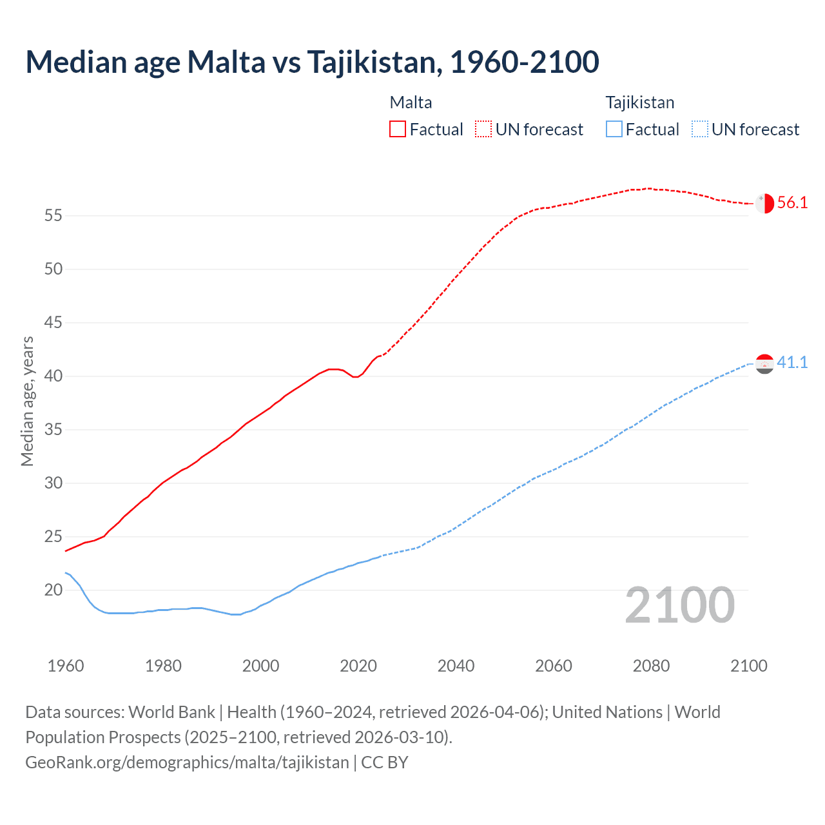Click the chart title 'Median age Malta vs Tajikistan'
point(312,62)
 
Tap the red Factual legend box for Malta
point(398,129)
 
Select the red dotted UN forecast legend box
point(483,129)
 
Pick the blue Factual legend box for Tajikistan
point(614,129)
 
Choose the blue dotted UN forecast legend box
point(700,129)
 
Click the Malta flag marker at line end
point(764,203)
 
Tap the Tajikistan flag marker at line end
point(764,364)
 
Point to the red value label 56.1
point(792,203)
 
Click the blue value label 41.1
point(792,363)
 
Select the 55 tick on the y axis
point(53,215)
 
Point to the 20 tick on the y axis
point(53,590)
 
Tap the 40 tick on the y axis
point(53,376)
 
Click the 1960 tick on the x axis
point(66,666)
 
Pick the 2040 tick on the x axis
point(456,666)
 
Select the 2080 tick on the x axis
point(651,666)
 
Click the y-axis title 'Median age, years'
point(27,401)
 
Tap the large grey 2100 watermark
point(680,605)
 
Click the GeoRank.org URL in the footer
point(187,762)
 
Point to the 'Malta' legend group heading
point(411,102)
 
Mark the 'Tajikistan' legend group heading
point(640,102)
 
